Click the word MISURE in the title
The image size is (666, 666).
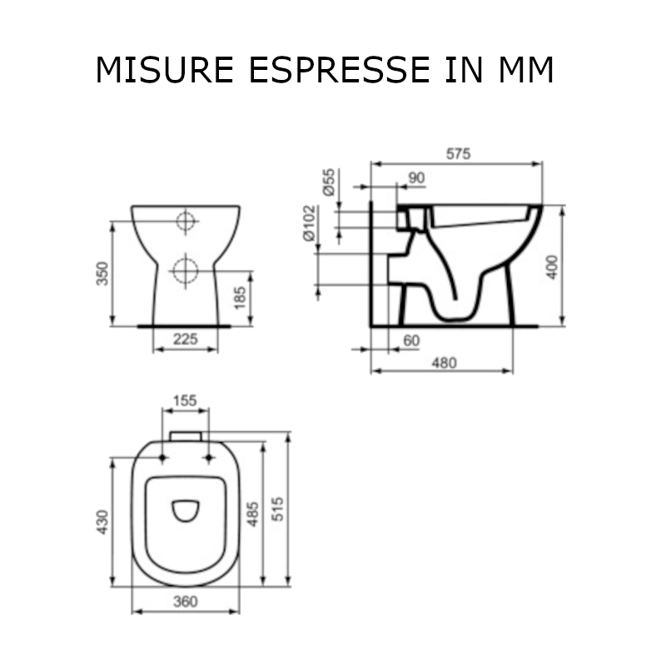click(165, 70)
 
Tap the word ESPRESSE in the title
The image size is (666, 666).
click(340, 70)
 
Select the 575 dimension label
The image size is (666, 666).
click(459, 154)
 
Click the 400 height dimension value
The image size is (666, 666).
click(552, 266)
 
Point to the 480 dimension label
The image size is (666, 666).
click(445, 363)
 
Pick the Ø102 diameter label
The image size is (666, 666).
click(310, 222)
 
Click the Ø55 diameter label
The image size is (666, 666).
click(329, 181)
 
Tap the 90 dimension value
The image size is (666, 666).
click(416, 178)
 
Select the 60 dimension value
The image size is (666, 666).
click(411, 340)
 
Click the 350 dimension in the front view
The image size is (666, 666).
click(102, 274)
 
